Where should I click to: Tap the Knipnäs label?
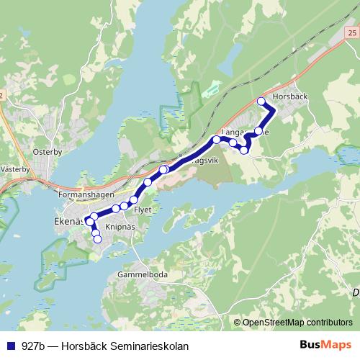tap(121, 226)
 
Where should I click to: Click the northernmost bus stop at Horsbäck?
tap(261, 102)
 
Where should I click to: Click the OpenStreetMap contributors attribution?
tap(297, 323)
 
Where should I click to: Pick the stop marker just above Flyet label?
tap(134, 199)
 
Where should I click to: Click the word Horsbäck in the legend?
tap(84, 346)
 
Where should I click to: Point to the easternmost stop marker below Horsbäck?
tap(258, 130)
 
